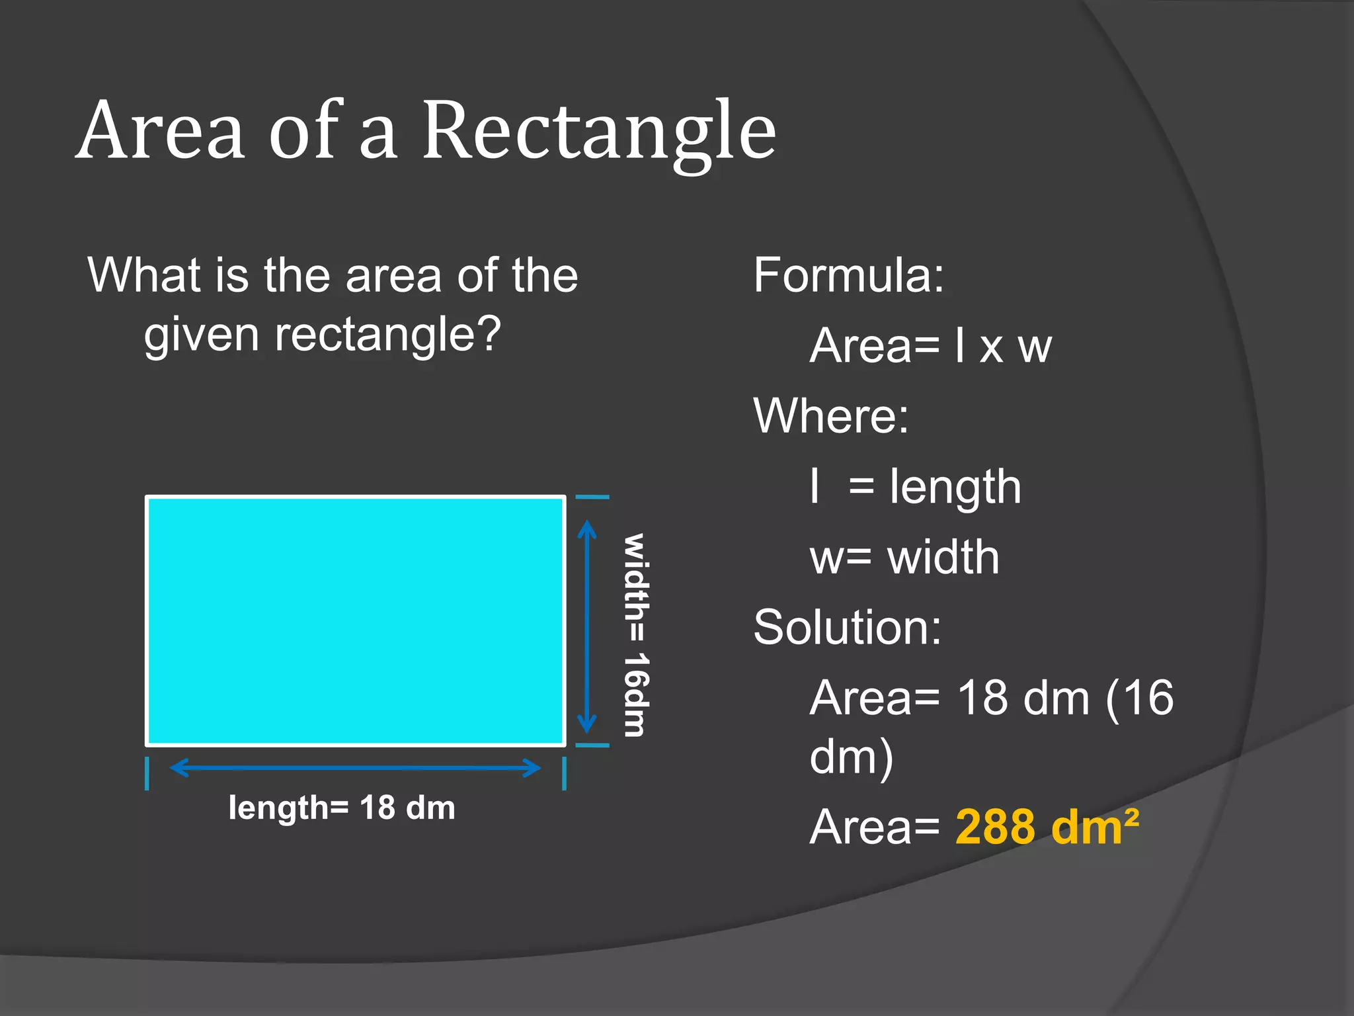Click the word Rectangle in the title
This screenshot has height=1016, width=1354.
pos(598,132)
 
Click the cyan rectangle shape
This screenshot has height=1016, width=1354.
pos(355,620)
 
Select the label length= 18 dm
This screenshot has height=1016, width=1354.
pos(342,808)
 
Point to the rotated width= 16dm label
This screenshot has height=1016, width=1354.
pos(637,635)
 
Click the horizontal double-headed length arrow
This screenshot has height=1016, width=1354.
pos(355,768)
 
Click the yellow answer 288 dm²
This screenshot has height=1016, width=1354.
pos(1047,827)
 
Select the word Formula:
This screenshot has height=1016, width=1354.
pos(849,275)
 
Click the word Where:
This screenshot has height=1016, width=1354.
pos(831,416)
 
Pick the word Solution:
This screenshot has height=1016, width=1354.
pos(847,627)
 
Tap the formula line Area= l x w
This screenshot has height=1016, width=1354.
pos(930,345)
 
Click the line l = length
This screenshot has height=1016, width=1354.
pos(916,487)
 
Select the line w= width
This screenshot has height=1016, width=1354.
pos(904,557)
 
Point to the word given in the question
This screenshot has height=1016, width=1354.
pos(201,336)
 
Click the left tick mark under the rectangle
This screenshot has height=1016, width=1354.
pos(147,773)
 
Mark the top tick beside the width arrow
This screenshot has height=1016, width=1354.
pos(592,497)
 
